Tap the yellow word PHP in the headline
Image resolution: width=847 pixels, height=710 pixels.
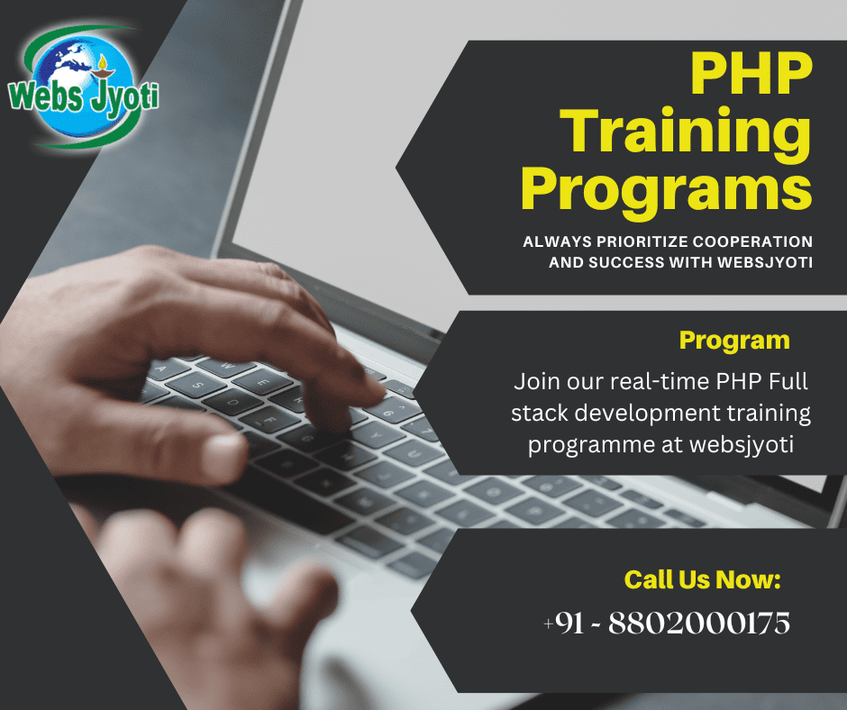tap(751, 73)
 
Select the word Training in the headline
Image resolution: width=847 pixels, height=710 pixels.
tap(685, 133)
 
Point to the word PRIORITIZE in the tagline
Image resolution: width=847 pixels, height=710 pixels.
tap(642, 241)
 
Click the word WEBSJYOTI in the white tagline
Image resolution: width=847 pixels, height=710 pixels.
tap(765, 262)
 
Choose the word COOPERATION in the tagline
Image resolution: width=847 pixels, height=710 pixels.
tap(752, 241)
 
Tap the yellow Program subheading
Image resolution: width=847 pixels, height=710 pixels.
tap(734, 341)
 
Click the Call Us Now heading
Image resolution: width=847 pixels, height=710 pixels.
tap(703, 579)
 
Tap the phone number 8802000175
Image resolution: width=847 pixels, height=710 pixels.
tap(699, 623)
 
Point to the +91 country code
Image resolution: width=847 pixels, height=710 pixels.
tap(563, 623)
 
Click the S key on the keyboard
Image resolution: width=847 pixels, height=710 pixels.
tap(196, 384)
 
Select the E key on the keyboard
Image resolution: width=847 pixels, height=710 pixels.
tap(263, 383)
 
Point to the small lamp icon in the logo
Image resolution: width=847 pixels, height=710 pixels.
tap(102, 67)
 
